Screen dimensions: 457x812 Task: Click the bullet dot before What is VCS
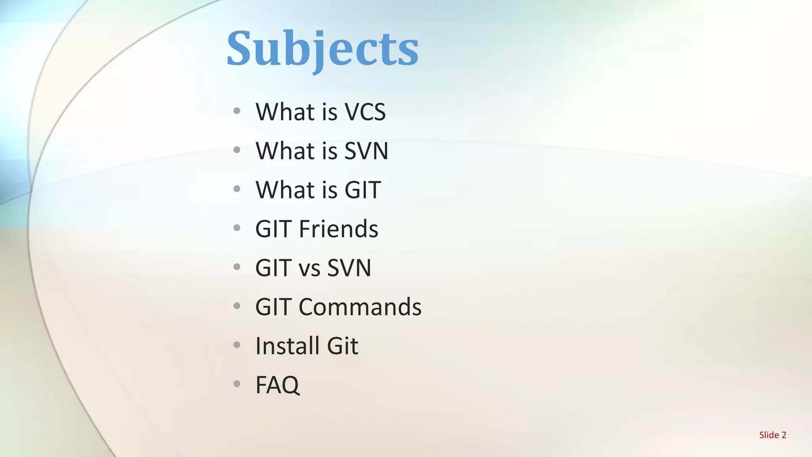coord(237,111)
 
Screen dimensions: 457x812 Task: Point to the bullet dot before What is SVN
coord(237,150)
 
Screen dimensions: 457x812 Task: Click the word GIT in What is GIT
coord(362,190)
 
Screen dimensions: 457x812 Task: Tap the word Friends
coord(338,229)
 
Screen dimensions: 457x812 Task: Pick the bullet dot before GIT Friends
coord(237,228)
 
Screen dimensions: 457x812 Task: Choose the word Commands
coord(360,307)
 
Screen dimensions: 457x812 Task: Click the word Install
coord(287,346)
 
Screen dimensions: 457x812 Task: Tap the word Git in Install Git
coord(343,346)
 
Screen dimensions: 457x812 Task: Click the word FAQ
coord(278,385)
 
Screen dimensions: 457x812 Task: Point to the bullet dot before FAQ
coord(237,384)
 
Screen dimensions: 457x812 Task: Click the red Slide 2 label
coord(772,435)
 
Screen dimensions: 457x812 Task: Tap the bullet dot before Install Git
coord(237,345)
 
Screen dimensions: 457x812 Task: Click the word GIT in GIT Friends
coord(273,229)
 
